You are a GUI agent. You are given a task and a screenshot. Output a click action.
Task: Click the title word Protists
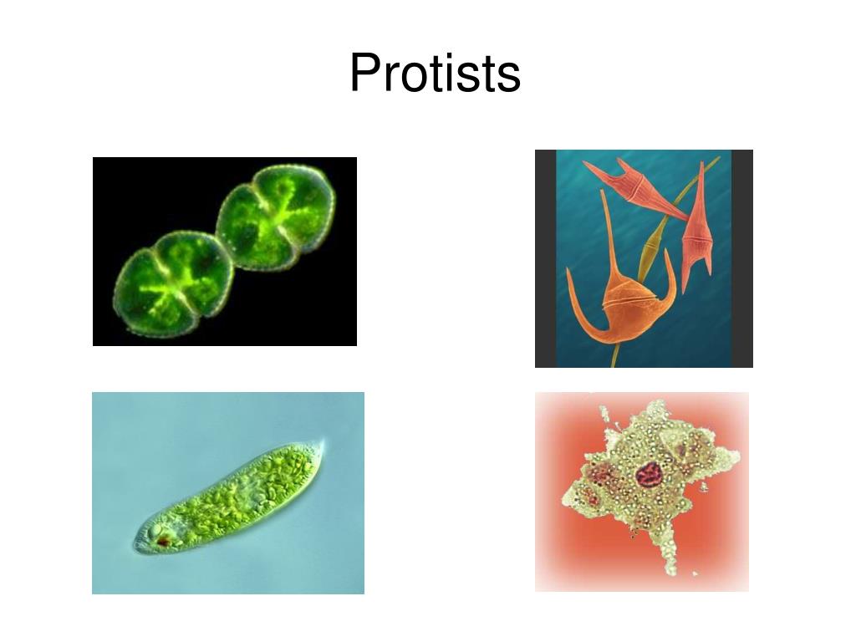(435, 74)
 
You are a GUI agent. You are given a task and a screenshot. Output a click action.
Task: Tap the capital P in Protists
(364, 74)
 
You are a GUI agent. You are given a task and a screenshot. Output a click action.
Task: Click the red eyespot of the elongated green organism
(162, 542)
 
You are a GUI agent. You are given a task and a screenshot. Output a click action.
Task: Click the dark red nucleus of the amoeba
(648, 475)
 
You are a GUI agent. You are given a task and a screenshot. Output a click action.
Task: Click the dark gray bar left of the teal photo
(545, 258)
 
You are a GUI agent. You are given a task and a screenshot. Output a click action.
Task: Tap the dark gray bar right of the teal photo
(742, 258)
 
